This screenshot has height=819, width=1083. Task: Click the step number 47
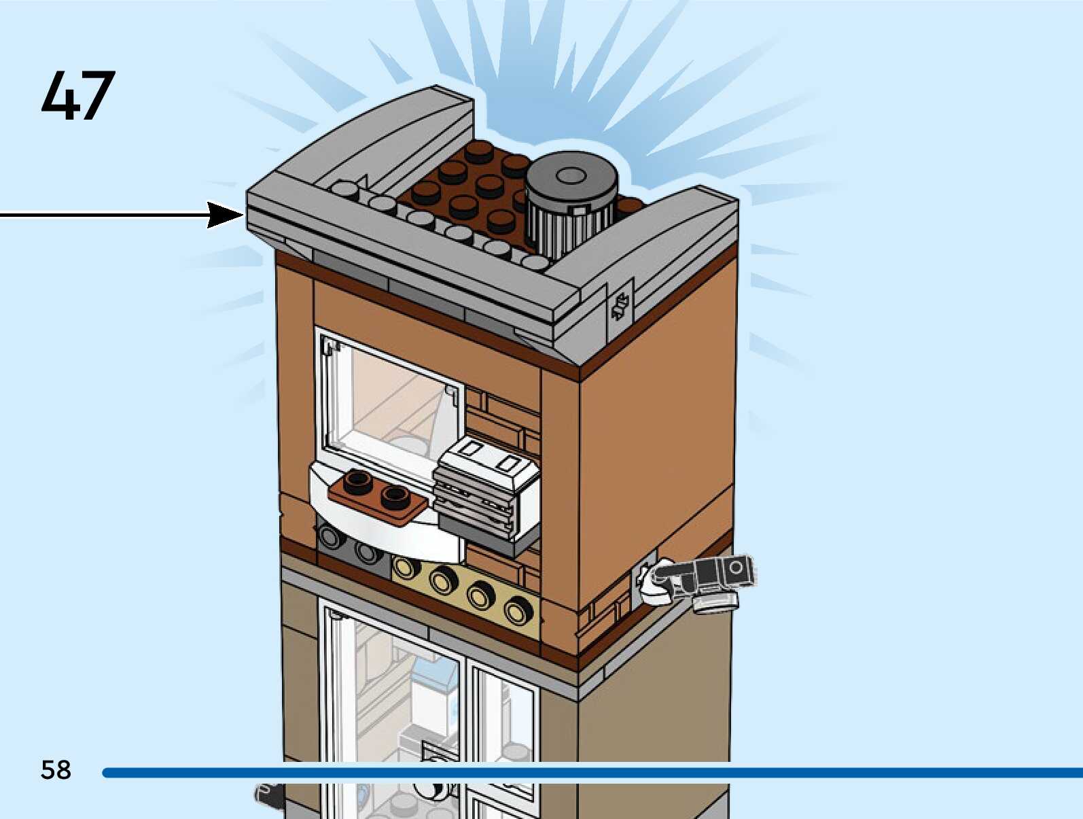77,96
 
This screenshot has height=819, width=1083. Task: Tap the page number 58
56,770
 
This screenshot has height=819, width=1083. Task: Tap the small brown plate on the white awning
377,495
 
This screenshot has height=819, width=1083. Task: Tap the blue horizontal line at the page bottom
591,773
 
